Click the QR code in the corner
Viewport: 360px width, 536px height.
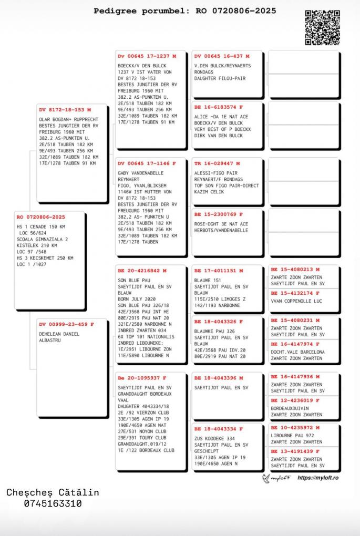click(x=322, y=27)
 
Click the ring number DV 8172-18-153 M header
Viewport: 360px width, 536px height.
click(x=65, y=110)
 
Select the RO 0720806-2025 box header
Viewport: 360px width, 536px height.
click(x=41, y=217)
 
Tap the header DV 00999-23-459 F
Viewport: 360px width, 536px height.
click(x=66, y=324)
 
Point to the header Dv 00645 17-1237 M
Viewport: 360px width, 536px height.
click(x=147, y=56)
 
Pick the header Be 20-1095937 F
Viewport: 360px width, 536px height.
click(x=142, y=378)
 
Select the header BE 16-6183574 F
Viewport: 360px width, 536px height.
click(x=219, y=107)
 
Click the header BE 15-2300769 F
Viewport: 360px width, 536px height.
click(x=219, y=214)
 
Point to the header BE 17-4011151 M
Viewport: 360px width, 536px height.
click(x=219, y=271)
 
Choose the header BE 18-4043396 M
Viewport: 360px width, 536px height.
click(x=219, y=378)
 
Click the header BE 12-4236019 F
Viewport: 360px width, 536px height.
click(x=295, y=400)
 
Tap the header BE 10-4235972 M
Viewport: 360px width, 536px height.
click(x=295, y=428)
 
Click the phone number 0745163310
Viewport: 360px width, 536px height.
click(x=53, y=503)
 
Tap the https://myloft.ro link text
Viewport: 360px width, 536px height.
click(x=317, y=478)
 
